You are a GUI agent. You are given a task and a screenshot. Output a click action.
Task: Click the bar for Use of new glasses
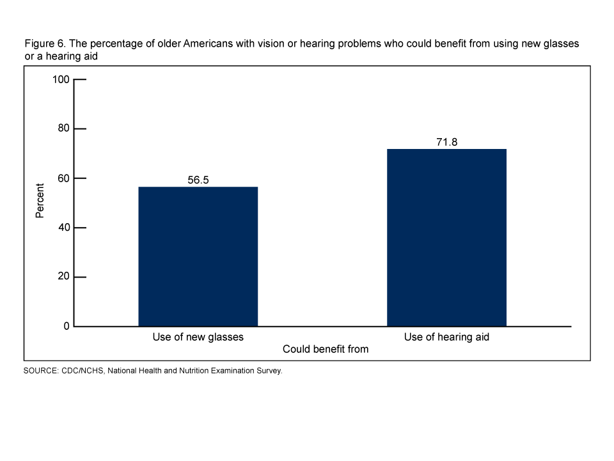(x=198, y=256)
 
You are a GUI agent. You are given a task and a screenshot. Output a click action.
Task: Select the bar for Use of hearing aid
(x=446, y=237)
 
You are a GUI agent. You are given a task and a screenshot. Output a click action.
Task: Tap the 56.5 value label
(x=198, y=180)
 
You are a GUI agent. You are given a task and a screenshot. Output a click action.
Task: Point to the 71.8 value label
(x=446, y=142)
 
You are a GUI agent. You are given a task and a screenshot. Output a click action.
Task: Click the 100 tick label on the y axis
(x=60, y=80)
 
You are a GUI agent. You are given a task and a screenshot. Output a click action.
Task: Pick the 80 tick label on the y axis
(x=63, y=129)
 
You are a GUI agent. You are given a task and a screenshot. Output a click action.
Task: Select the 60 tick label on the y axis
(x=63, y=178)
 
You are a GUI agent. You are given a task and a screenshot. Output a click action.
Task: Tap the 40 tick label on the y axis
(x=63, y=228)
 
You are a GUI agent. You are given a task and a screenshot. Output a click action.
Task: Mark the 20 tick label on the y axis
(x=63, y=277)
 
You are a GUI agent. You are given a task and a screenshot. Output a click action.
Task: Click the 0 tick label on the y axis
(x=66, y=326)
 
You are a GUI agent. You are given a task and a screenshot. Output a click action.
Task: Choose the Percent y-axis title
(x=40, y=201)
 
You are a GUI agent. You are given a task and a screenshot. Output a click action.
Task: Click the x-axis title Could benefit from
(x=326, y=349)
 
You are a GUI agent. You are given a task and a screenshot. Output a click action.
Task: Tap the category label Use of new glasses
(x=198, y=337)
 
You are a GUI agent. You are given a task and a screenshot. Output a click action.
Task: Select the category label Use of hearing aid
(x=446, y=337)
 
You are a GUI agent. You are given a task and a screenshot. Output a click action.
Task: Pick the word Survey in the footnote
(x=268, y=370)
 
